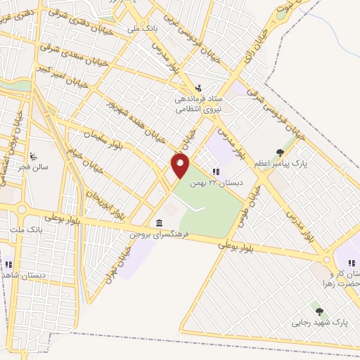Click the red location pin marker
181,166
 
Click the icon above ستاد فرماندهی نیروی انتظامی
198,89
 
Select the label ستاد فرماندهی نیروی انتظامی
199,104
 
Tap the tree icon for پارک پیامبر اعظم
280,152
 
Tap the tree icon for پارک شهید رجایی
319,311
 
